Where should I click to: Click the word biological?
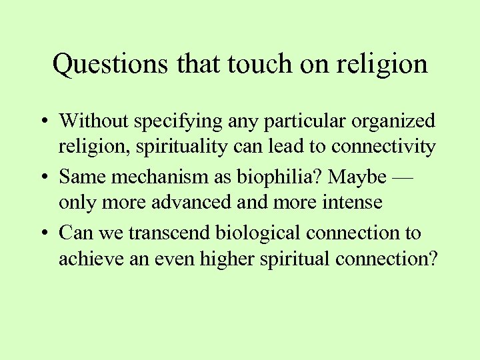[x=261, y=233]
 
